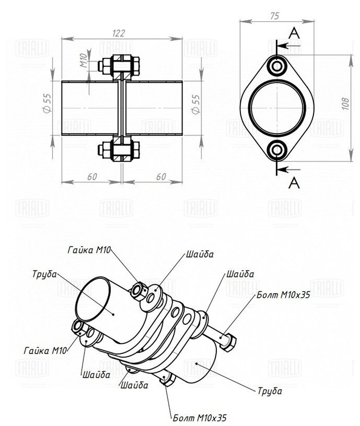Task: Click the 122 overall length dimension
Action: point(118,33)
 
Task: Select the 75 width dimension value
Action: point(275,16)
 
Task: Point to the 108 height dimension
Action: point(346,104)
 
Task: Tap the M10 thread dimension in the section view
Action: point(83,60)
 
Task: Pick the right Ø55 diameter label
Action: point(195,104)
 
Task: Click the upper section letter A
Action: point(294,33)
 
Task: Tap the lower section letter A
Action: point(294,183)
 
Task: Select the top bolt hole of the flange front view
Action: point(277,66)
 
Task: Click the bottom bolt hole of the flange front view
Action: point(277,150)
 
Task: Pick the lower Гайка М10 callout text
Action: point(45,350)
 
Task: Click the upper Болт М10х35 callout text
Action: point(284,295)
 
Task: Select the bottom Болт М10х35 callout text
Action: point(200,418)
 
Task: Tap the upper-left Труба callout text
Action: point(44,274)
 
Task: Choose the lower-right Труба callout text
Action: point(270,391)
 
